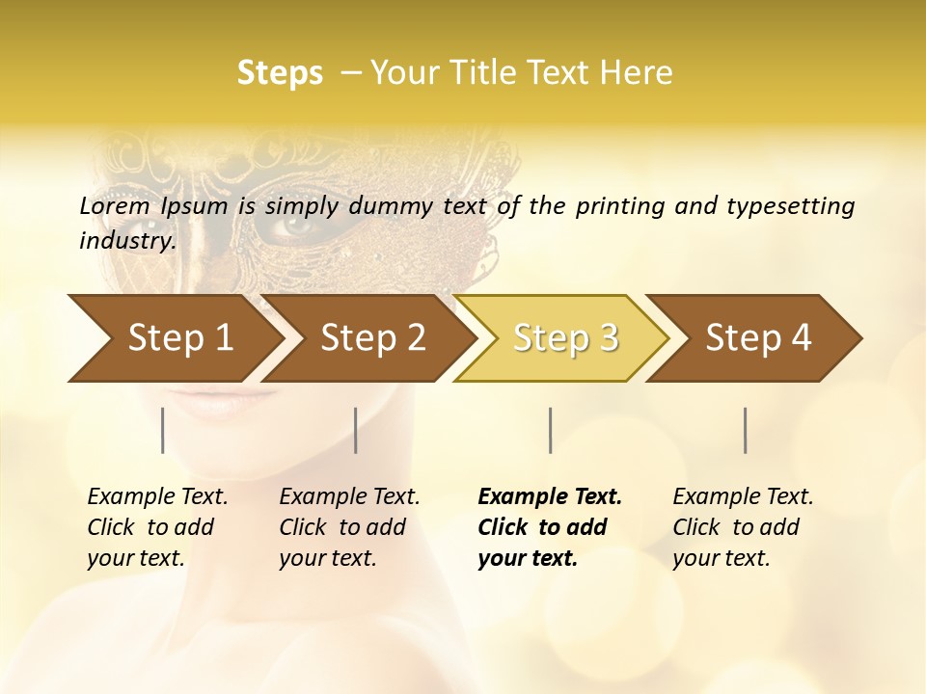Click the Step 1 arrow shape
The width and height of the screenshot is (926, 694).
click(178, 338)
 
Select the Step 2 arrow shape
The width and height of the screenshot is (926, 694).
click(371, 338)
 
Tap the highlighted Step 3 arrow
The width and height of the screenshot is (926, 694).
click(564, 338)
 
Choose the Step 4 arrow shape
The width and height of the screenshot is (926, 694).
click(757, 338)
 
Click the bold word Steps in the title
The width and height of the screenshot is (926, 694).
click(280, 73)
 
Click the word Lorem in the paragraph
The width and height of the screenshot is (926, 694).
click(115, 205)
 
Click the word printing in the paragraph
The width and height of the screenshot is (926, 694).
click(618, 205)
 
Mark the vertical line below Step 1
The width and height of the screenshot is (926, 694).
click(163, 430)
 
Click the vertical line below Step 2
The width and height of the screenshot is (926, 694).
click(356, 430)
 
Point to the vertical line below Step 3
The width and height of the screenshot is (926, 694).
click(550, 430)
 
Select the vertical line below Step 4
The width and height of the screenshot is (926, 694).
click(745, 430)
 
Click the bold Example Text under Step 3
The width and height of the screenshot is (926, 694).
click(550, 496)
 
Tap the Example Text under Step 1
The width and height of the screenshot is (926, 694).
click(157, 496)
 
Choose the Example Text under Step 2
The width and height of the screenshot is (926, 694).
click(349, 496)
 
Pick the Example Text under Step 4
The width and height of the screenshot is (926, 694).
click(743, 496)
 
